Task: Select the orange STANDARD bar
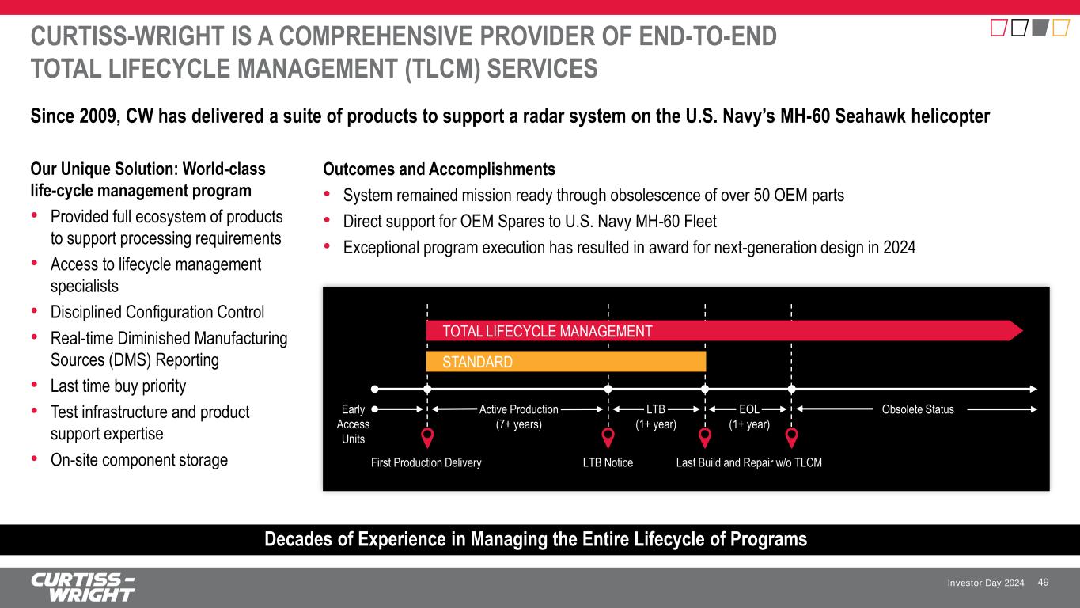[x=566, y=362]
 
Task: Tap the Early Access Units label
[x=353, y=424]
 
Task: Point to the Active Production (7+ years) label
[x=518, y=416]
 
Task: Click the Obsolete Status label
[x=918, y=409]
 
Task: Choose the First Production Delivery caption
[x=426, y=462]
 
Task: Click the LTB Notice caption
[x=608, y=462]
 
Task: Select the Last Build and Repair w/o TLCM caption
[x=748, y=462]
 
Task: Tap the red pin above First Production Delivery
[x=427, y=438]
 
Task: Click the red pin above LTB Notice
[x=608, y=438]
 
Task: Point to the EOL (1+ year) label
[x=748, y=416]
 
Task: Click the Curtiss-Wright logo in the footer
[x=83, y=587]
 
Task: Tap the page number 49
[x=1043, y=583]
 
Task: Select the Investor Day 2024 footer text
[x=985, y=583]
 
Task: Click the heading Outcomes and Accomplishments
[x=439, y=169]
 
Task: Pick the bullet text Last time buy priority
[x=118, y=386]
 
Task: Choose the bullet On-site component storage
[x=138, y=460]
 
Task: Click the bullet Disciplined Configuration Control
[x=157, y=312]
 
